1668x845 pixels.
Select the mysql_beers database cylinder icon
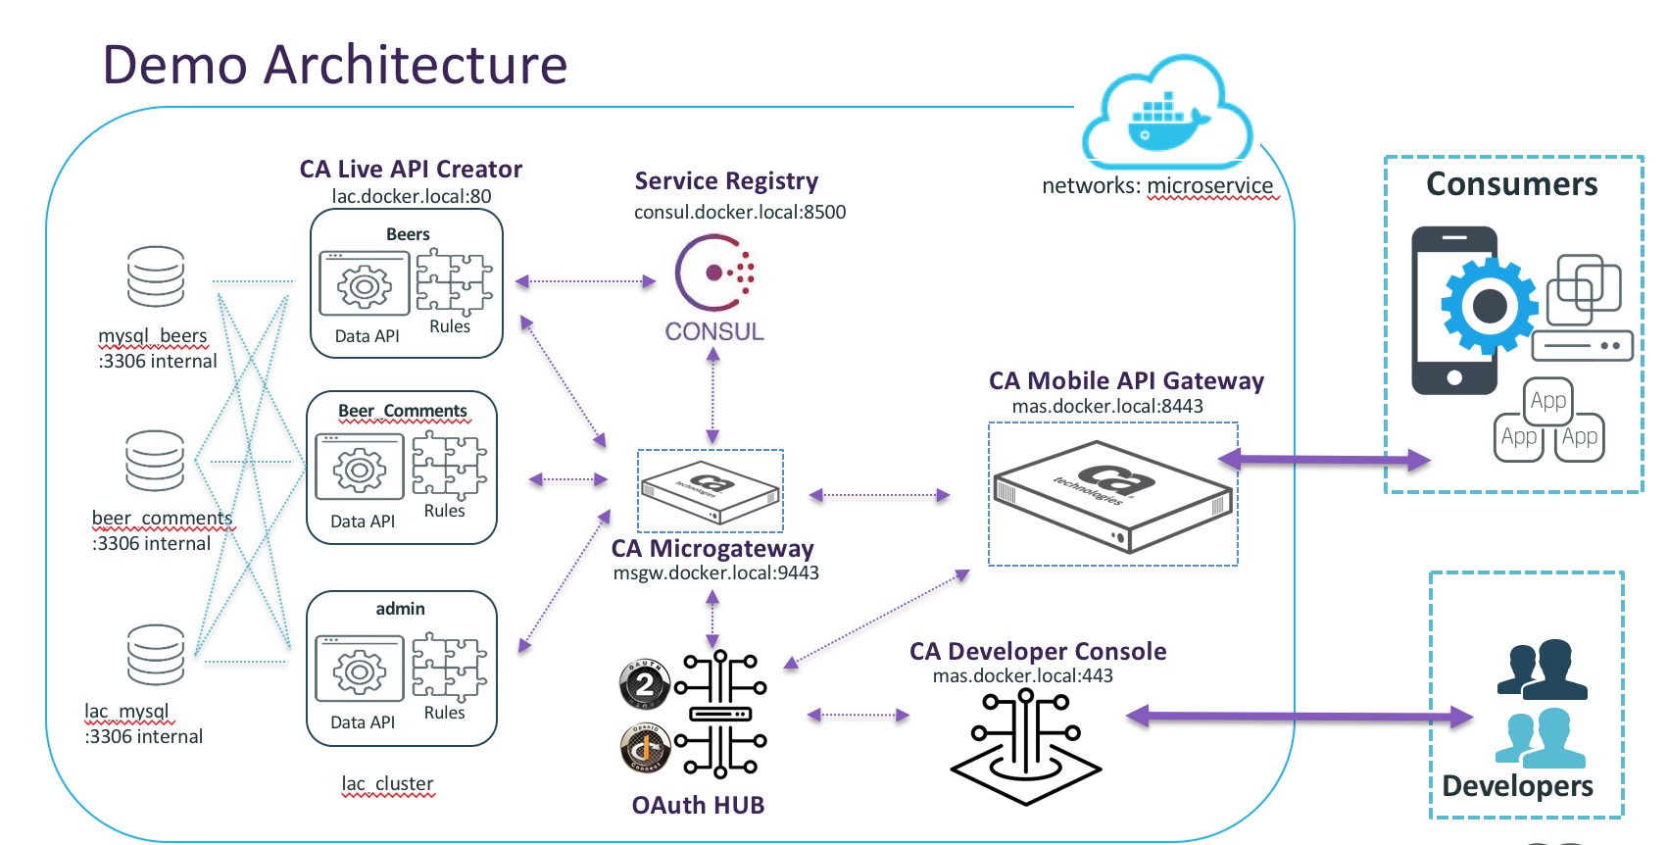(156, 276)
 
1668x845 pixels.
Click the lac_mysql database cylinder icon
(156, 654)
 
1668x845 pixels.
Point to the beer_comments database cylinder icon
(155, 460)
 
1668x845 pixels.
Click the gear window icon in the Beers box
(365, 284)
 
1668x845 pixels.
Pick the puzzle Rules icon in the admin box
(449, 667)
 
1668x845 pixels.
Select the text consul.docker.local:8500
(740, 212)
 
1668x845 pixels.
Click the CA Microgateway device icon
(711, 489)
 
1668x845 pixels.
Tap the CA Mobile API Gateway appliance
(1112, 495)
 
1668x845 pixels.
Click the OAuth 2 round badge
(644, 684)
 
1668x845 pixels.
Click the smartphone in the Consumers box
(1455, 310)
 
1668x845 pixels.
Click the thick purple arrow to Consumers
(1324, 459)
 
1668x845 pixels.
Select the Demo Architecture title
(335, 65)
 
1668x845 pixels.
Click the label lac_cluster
(387, 784)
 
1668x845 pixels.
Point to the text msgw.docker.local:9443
(716, 572)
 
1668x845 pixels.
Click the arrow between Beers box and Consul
(585, 281)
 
